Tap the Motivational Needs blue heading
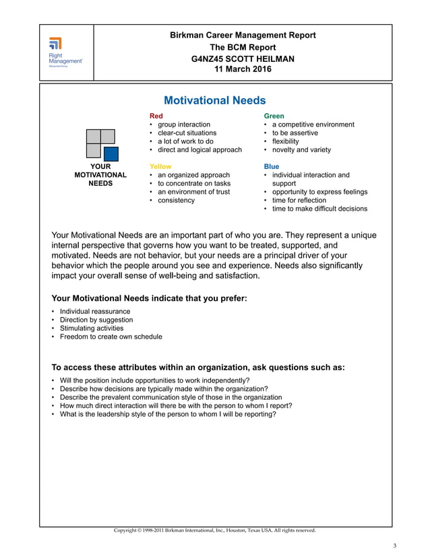(214, 100)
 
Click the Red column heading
(156, 116)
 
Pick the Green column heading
(274, 116)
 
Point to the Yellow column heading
(160, 166)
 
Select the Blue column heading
(271, 166)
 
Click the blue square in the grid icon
(110, 153)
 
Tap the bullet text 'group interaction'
(184, 125)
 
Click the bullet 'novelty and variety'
(301, 149)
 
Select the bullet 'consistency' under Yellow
(176, 200)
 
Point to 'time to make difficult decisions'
(319, 209)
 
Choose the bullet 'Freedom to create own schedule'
(111, 337)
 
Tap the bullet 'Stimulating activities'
(92, 328)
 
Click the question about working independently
(150, 380)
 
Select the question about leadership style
(168, 414)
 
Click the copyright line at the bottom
(214, 530)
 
